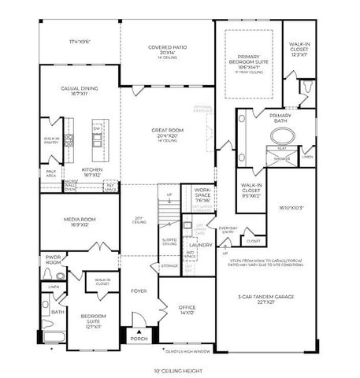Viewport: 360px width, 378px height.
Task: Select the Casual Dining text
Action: pos(79,89)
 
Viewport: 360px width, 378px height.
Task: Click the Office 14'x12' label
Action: pos(186,309)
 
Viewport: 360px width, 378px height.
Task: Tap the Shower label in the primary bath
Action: pos(282,158)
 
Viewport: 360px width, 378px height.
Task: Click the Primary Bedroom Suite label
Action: pos(249,62)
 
